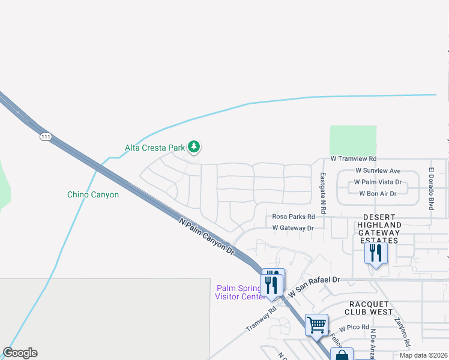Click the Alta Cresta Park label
click(155, 147)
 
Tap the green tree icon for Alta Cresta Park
click(193, 146)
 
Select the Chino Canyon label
click(92, 194)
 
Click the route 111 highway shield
click(46, 137)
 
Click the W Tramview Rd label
click(353, 159)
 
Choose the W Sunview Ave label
click(378, 171)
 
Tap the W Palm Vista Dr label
click(378, 182)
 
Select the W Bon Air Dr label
click(378, 193)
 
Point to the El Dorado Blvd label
click(430, 188)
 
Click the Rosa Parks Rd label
click(294, 217)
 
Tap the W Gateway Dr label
click(293, 228)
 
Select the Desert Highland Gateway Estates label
click(378, 229)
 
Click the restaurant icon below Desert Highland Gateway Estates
click(376, 253)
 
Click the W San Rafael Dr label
click(314, 286)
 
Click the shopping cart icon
click(316, 325)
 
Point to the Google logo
click(20, 353)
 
